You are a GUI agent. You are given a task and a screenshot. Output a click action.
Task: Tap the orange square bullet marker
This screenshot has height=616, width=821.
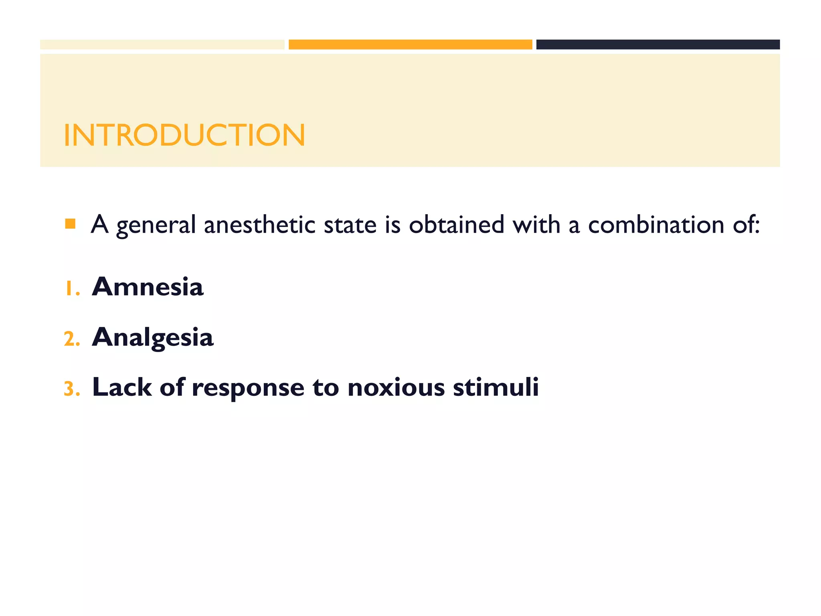click(x=70, y=224)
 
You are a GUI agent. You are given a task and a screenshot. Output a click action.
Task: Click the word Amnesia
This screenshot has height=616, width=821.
click(x=148, y=287)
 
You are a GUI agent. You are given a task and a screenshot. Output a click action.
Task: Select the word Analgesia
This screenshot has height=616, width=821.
click(x=153, y=337)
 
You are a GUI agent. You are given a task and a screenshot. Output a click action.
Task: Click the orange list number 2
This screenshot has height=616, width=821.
click(x=72, y=339)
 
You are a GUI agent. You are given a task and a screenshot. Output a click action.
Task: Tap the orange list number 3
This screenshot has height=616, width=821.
click(x=72, y=389)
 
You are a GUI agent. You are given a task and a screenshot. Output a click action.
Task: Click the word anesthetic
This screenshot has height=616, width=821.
click(x=260, y=225)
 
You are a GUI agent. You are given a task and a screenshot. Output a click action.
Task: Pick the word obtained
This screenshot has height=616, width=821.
click(x=457, y=225)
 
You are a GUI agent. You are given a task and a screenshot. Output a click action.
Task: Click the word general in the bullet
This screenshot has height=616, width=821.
click(x=156, y=225)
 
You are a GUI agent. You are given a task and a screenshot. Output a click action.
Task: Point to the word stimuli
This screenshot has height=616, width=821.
click(x=496, y=387)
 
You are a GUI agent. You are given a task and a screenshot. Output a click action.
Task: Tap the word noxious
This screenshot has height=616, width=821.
click(x=396, y=387)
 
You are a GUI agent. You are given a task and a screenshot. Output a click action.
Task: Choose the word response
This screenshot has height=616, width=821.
click(x=248, y=388)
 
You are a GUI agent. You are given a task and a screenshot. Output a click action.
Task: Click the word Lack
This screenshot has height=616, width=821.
click(x=122, y=387)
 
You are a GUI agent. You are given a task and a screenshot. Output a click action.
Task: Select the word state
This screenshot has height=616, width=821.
click(x=350, y=225)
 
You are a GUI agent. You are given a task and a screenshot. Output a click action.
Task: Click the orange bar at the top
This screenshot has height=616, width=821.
click(x=410, y=45)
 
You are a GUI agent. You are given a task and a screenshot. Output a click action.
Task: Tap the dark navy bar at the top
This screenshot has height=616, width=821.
click(x=658, y=45)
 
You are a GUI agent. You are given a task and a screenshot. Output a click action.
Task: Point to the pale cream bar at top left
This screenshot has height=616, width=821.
click(x=162, y=45)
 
